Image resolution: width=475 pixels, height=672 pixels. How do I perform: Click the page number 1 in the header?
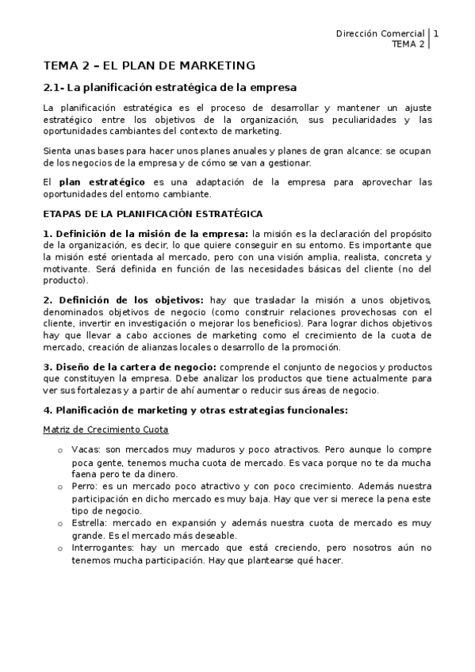[x=436, y=33]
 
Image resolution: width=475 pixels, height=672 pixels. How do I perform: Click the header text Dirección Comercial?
[x=381, y=33]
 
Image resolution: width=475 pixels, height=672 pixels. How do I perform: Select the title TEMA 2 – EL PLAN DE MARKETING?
[x=149, y=65]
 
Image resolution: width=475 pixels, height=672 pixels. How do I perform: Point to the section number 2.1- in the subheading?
[x=54, y=87]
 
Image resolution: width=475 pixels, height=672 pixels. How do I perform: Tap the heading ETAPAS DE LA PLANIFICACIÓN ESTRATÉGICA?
[x=153, y=214]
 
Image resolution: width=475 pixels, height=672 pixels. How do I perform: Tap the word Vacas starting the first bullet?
[x=84, y=449]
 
